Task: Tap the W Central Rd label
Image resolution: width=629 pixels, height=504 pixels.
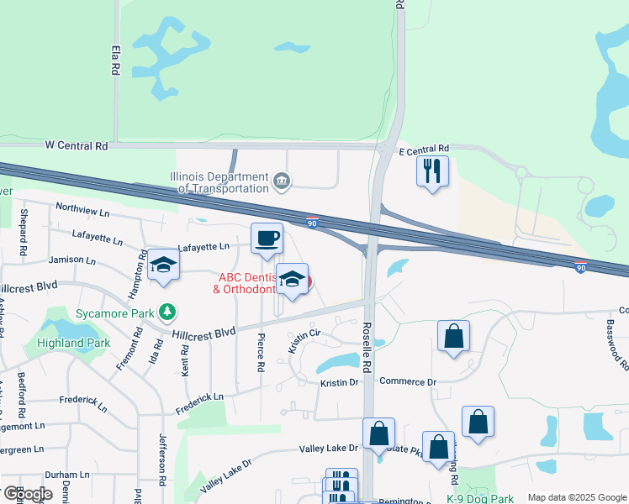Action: pyautogui.click(x=77, y=145)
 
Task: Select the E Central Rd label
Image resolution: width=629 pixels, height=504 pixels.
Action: pyautogui.click(x=424, y=149)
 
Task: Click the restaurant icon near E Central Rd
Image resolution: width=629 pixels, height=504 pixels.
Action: pyautogui.click(x=432, y=171)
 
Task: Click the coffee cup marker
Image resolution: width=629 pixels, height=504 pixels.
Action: pyautogui.click(x=267, y=239)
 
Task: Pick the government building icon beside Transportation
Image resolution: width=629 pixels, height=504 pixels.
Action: pyautogui.click(x=283, y=179)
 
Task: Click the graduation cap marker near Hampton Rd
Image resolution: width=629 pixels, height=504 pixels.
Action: pyautogui.click(x=163, y=266)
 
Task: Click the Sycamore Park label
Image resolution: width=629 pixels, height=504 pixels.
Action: pyautogui.click(x=115, y=313)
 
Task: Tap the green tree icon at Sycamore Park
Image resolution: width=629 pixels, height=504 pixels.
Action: pyautogui.click(x=169, y=312)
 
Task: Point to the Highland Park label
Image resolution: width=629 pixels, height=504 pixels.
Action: pyautogui.click(x=73, y=343)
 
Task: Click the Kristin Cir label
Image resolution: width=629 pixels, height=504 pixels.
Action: pyautogui.click(x=304, y=339)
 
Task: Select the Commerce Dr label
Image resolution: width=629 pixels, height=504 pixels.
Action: pyautogui.click(x=408, y=381)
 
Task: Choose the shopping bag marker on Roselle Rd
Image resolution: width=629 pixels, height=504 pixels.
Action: pyautogui.click(x=378, y=434)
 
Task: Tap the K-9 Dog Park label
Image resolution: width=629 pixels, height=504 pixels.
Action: pyautogui.click(x=478, y=498)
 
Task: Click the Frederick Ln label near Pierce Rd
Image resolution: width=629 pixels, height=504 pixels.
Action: pyautogui.click(x=199, y=401)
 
